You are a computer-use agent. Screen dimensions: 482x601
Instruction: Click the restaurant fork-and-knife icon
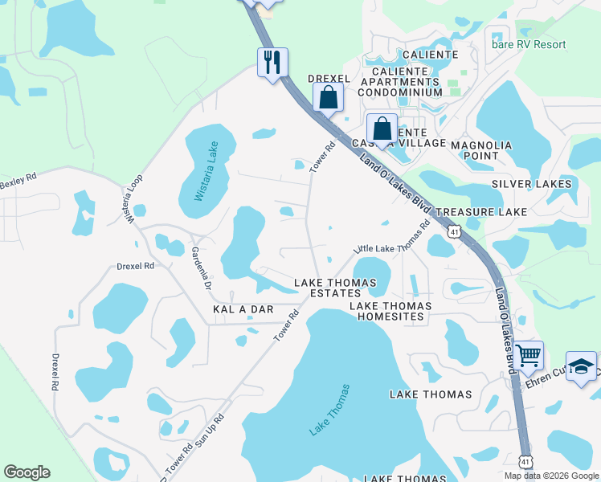coord(272,62)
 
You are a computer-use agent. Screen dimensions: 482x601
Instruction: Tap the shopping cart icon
coord(528,354)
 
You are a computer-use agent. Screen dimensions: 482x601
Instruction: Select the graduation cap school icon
coord(582,366)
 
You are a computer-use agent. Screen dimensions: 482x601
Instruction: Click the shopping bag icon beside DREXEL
coord(328,98)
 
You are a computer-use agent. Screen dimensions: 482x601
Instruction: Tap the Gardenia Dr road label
coord(200,268)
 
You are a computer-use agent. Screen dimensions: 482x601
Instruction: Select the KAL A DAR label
coord(243,309)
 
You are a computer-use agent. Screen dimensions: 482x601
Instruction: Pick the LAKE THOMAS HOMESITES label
coord(390,311)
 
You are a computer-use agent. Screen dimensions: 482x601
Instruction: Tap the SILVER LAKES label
coord(532,184)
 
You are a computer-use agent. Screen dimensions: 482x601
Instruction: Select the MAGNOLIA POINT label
coord(480,150)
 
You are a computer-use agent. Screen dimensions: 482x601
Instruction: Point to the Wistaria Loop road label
coord(133,198)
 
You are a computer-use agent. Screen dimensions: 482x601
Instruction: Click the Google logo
coord(27,472)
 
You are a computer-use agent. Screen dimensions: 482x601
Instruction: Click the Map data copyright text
coord(550,476)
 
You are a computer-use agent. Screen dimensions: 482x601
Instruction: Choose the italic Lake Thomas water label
coord(330,410)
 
